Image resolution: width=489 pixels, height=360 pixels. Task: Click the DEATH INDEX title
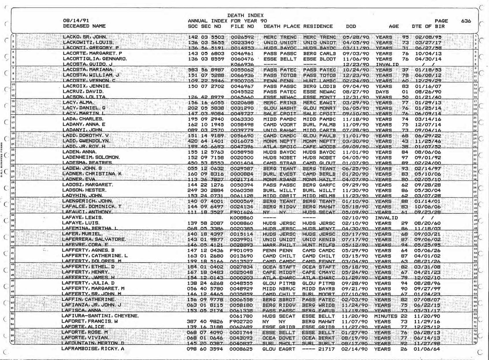[x=245, y=15]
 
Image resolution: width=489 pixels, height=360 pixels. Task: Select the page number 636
[x=466, y=21]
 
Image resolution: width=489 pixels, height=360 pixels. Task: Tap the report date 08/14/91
[x=76, y=21]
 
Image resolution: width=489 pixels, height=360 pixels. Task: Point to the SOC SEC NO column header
[x=204, y=26]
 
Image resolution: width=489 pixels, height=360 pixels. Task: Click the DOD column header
[x=351, y=26]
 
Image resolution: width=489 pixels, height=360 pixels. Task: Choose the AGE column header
[x=394, y=26]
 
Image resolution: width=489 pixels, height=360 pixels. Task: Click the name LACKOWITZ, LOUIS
[x=88, y=43]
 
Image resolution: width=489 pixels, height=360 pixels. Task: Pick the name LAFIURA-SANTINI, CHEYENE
[x=100, y=316]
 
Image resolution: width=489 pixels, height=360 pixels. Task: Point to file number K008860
[x=242, y=218]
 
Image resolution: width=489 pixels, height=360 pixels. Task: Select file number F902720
[x=241, y=322]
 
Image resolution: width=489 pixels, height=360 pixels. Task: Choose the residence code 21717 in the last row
[x=326, y=349]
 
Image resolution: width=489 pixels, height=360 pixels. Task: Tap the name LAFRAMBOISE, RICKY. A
[x=93, y=349]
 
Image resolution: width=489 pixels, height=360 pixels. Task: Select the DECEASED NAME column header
[x=84, y=26]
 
